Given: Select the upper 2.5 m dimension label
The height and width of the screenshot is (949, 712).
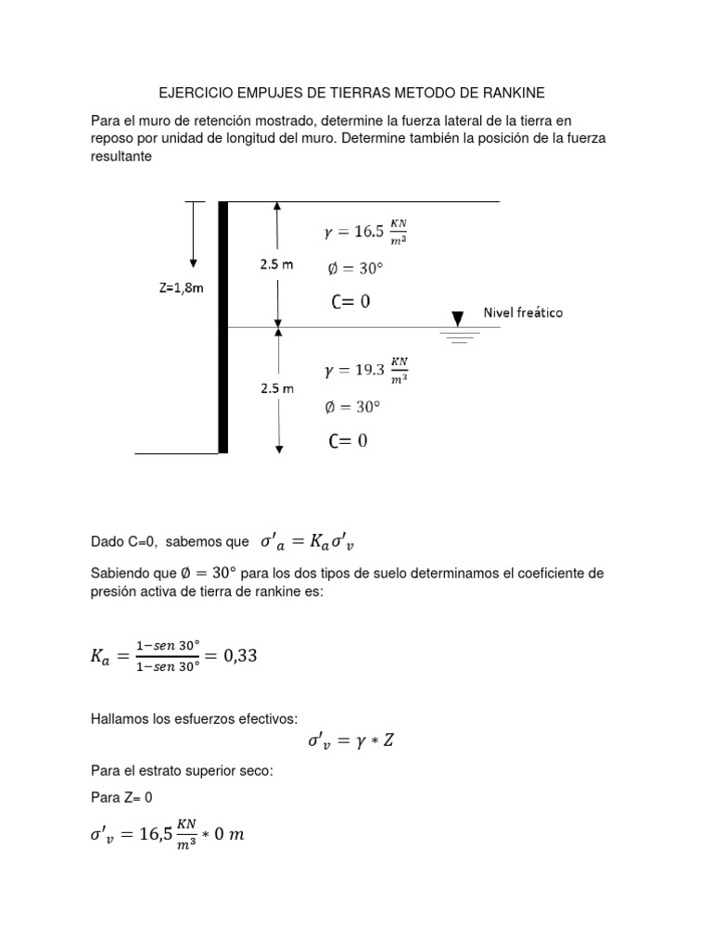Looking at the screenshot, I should coord(276,264).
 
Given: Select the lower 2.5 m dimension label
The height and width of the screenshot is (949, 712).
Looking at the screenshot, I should coord(276,388).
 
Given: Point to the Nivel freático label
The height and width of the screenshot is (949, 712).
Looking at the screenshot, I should coord(523,312).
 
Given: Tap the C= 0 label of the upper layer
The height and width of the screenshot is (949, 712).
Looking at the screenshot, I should coord(350,301).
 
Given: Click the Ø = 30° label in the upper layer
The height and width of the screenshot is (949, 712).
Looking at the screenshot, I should coord(354,269).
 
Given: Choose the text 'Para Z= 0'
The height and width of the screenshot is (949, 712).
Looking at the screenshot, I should coord(121,797).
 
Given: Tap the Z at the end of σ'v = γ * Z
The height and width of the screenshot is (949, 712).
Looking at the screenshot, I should coord(388,741).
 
